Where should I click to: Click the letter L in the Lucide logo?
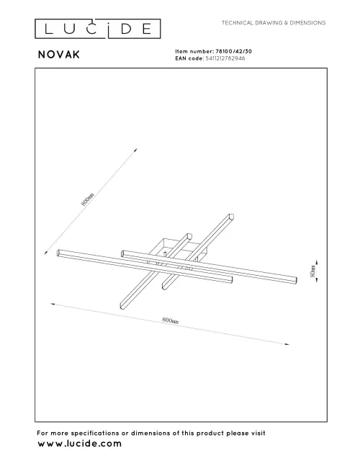pyautogui.click(x=47, y=30)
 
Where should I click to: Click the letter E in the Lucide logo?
pyautogui.click(x=146, y=30)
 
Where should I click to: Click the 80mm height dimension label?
pyautogui.click(x=312, y=274)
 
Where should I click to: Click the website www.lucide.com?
pyautogui.click(x=78, y=445)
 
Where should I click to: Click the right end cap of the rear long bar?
pyautogui.click(x=294, y=279)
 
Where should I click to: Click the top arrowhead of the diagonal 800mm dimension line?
pyautogui.click(x=135, y=150)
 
